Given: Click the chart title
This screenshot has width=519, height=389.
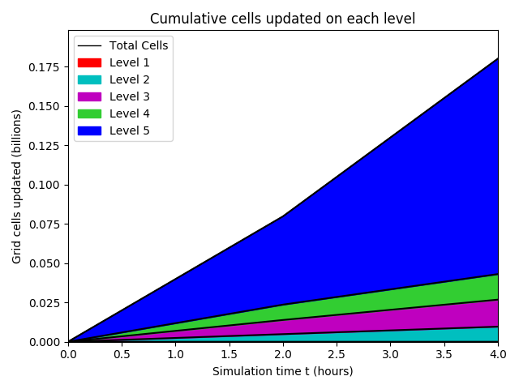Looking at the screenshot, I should point(282,19).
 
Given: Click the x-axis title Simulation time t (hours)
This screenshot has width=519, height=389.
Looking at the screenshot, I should point(282,371).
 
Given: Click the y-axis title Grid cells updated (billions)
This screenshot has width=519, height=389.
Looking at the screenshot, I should point(17,186).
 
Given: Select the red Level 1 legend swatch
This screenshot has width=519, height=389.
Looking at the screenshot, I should point(90,62).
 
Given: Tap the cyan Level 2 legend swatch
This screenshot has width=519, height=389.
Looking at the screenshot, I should point(90,79).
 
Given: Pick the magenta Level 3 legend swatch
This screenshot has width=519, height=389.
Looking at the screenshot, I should point(90,96).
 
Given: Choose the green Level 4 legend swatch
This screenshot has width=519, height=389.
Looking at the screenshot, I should point(90,113).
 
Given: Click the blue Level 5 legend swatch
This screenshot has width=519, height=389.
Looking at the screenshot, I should point(90,130).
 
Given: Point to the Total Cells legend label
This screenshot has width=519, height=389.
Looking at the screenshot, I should point(139,45).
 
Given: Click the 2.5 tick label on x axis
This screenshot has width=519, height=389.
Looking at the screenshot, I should point(337,354).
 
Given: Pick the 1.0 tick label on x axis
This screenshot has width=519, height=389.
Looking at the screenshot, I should point(175,354).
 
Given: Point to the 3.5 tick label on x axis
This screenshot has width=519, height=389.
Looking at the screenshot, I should point(444,354).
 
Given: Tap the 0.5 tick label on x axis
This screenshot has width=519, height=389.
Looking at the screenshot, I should point(122,354).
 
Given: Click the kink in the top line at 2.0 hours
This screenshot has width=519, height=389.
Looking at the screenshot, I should point(283,216).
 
